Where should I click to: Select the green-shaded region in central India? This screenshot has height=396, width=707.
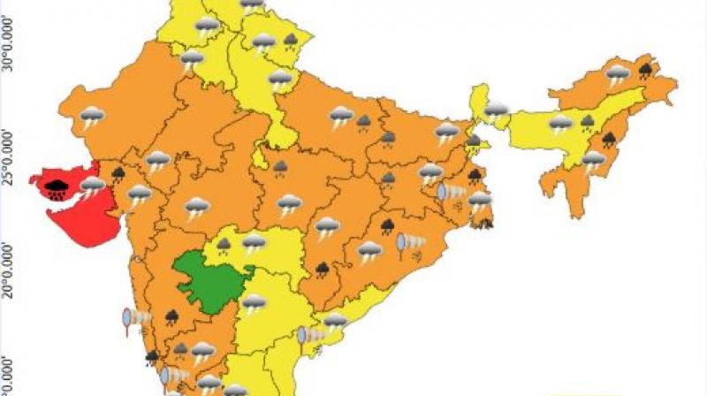point(210,280)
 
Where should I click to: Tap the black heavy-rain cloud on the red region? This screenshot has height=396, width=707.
point(58,187)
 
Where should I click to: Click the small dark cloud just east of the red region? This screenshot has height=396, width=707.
point(118,172)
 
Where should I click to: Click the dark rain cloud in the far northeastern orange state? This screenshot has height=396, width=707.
point(646,68)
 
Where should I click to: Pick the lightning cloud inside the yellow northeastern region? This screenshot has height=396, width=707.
point(560,124)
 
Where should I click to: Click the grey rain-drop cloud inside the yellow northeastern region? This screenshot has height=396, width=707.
point(587,121)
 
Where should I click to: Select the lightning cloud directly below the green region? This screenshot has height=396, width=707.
point(255,303)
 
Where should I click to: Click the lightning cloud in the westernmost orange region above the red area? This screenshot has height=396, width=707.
point(92,116)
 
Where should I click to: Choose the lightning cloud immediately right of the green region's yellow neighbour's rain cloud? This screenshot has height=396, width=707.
point(255,241)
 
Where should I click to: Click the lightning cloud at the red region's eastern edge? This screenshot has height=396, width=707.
point(92,186)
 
